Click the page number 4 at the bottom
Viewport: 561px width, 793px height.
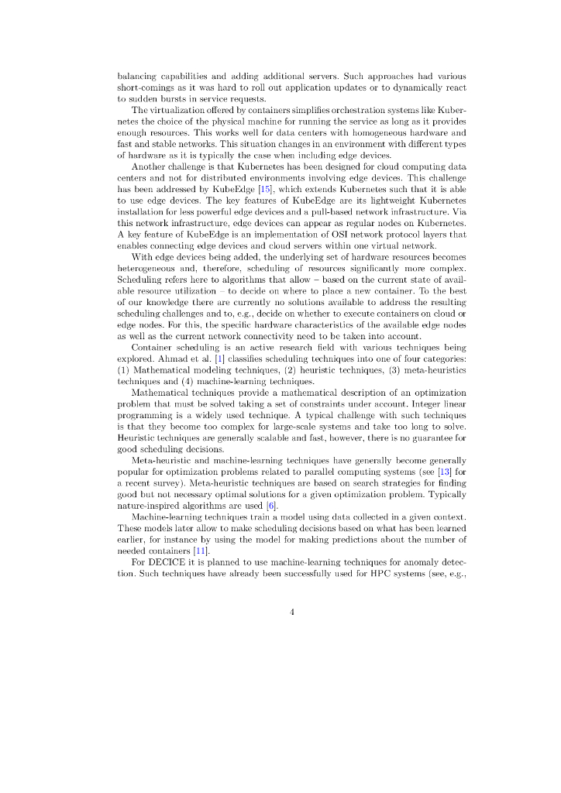tap(292, 612)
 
